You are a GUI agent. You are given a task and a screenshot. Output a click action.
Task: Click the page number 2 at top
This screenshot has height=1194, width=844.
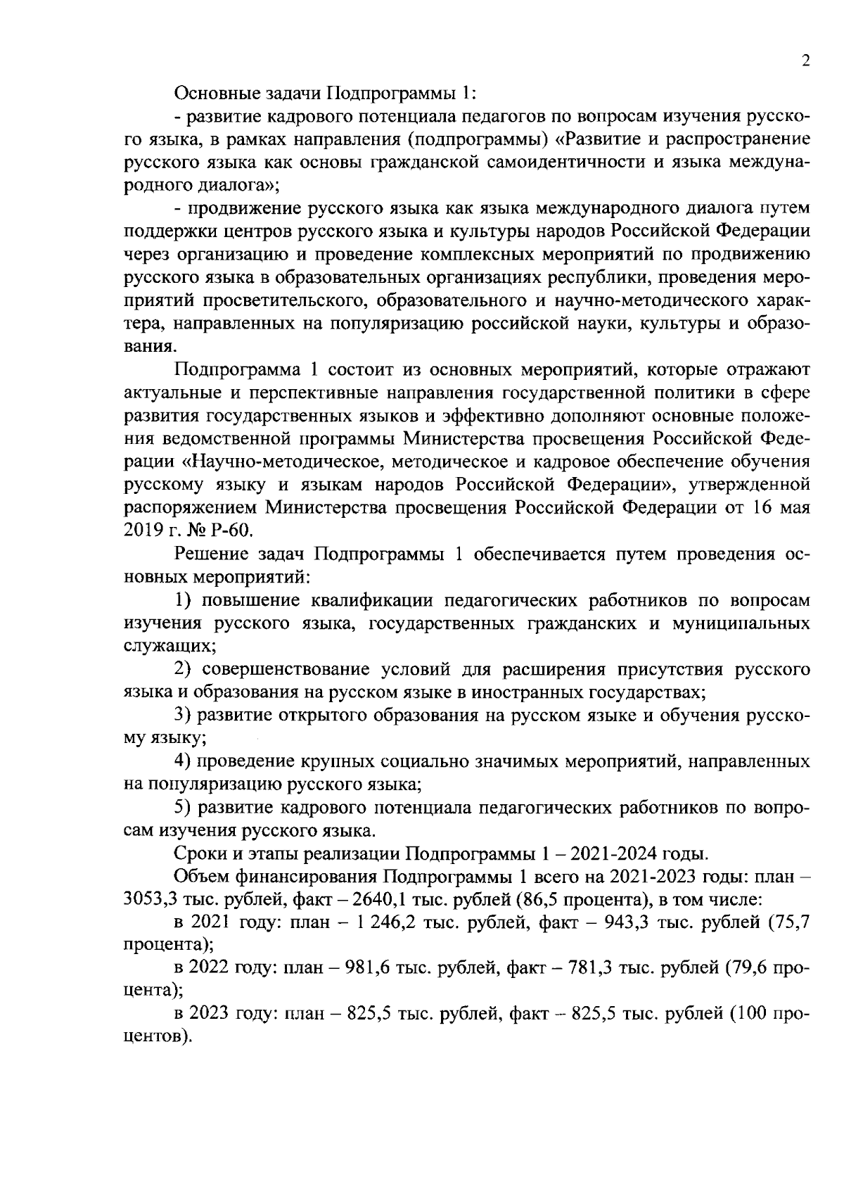tap(806, 61)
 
